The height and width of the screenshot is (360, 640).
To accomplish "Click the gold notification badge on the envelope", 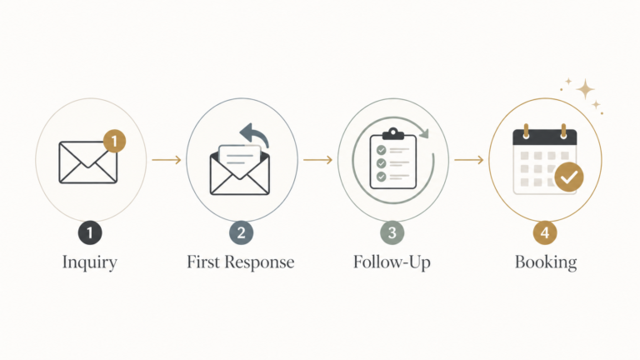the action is (x=114, y=141).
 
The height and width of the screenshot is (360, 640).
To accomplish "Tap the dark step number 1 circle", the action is (x=90, y=232).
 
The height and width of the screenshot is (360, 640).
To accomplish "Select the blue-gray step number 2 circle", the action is (x=241, y=232).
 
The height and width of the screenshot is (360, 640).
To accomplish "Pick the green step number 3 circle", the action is (x=392, y=232).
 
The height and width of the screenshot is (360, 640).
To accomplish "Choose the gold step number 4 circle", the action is (x=545, y=232).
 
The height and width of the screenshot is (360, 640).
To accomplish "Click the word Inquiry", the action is (x=90, y=262).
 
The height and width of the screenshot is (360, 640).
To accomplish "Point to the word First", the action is (x=203, y=262).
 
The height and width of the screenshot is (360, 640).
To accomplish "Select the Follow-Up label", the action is (x=392, y=262).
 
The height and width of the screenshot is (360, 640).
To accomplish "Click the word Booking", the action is (x=546, y=262).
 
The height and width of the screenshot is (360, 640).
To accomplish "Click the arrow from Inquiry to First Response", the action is (x=167, y=160).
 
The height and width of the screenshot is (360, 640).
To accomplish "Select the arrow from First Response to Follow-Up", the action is (x=317, y=160).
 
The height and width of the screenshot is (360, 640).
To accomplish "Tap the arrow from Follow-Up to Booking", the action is (x=468, y=160).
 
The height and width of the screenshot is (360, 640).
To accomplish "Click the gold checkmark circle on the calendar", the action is (x=569, y=177).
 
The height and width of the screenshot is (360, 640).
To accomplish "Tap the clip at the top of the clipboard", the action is (x=393, y=134).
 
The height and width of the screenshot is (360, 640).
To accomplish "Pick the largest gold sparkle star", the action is (x=585, y=89).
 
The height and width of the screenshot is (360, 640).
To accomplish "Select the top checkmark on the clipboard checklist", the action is (x=381, y=150).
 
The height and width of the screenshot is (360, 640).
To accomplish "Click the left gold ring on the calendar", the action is (x=526, y=132).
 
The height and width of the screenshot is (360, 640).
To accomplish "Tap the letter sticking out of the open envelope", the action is (x=240, y=158).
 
